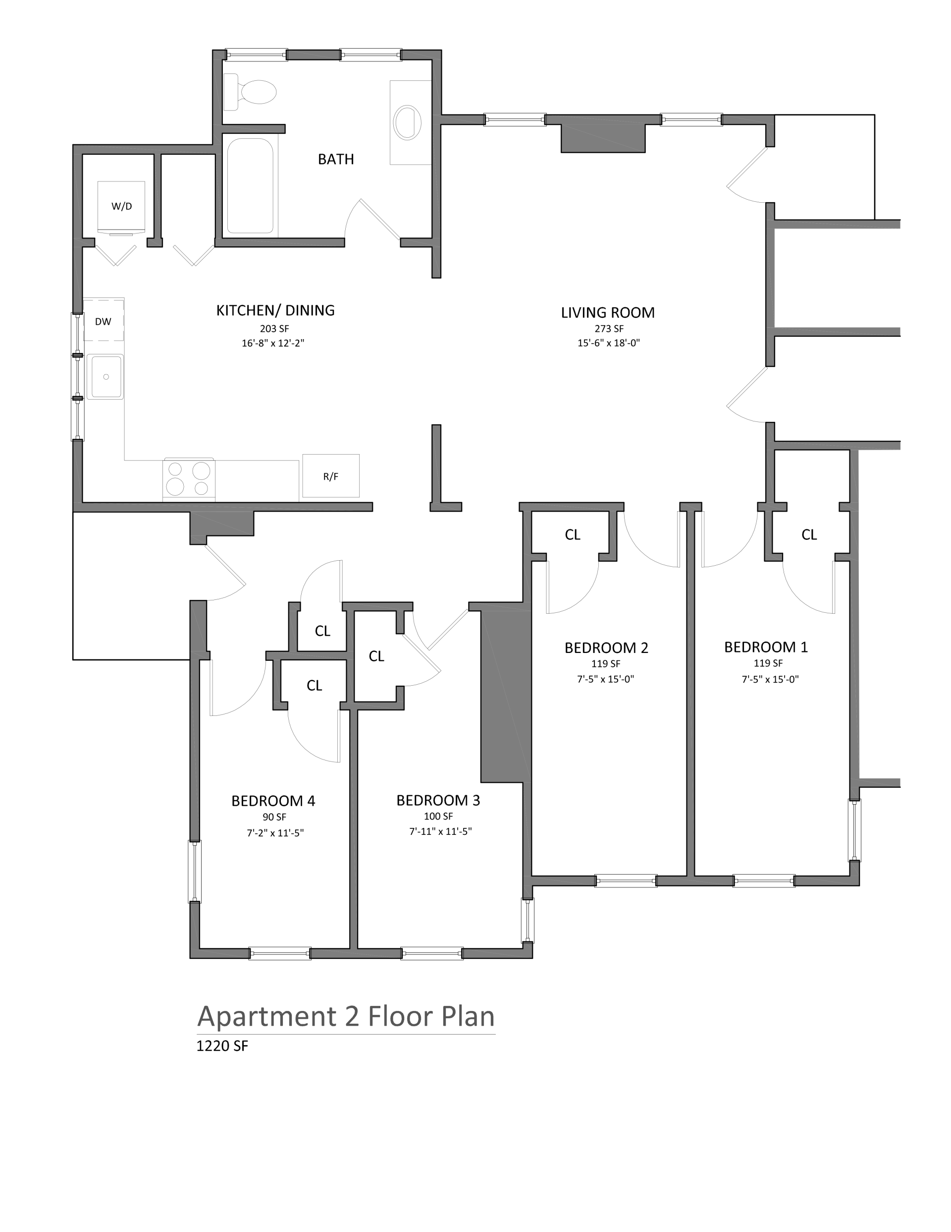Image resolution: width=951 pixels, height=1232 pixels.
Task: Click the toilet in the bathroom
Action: click(x=250, y=91)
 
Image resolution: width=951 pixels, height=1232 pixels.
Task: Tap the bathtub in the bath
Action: click(x=250, y=185)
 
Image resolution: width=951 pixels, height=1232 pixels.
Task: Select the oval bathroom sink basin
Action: click(x=408, y=122)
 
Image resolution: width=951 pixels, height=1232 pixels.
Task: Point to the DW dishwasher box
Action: click(x=104, y=321)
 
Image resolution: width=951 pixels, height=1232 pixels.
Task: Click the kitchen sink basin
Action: click(x=106, y=376)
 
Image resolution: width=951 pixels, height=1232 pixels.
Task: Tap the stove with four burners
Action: click(x=189, y=479)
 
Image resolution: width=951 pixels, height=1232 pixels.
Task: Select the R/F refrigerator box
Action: click(x=331, y=476)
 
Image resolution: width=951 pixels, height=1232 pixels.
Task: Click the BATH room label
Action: click(x=336, y=160)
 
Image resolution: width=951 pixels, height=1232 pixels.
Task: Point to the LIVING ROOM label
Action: click(x=608, y=312)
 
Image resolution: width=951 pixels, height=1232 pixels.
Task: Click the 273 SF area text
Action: click(x=609, y=328)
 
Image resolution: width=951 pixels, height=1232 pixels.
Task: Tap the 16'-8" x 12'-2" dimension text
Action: click(x=273, y=343)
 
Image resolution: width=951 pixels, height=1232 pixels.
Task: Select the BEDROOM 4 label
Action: click(x=273, y=801)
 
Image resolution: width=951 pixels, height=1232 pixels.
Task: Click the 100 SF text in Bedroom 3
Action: click(x=438, y=816)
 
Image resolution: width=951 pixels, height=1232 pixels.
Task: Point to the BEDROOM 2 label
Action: click(x=607, y=647)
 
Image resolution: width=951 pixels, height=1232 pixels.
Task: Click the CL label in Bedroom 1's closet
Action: click(x=809, y=535)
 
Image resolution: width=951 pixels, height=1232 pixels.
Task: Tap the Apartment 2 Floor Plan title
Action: click(x=346, y=1016)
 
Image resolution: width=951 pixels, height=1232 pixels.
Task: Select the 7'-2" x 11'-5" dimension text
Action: click(x=275, y=832)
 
